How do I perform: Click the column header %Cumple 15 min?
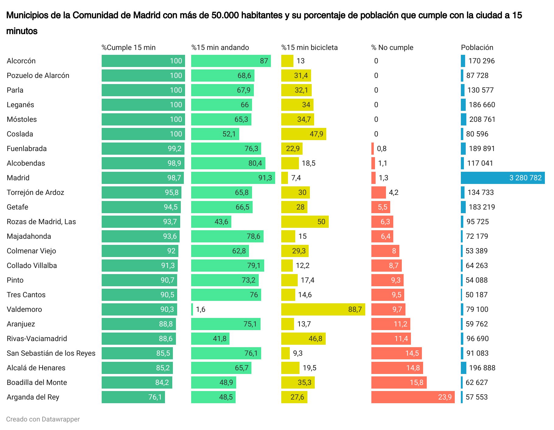click(128, 48)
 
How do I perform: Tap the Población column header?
click(477, 48)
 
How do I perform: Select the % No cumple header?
click(392, 48)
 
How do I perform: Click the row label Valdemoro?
click(24, 309)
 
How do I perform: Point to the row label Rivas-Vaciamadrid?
click(37, 339)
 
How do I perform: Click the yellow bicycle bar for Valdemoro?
click(323, 309)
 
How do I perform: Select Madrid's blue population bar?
click(503, 178)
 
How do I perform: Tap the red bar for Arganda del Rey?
click(413, 397)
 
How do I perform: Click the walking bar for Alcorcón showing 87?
click(231, 61)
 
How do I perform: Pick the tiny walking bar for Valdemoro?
click(192, 309)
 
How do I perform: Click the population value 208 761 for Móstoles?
click(482, 119)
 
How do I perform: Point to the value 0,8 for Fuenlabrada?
click(382, 149)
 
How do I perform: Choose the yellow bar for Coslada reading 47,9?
click(304, 134)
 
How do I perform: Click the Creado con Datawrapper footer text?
click(43, 419)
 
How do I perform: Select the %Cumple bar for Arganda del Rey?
click(133, 397)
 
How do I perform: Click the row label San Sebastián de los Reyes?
click(51, 353)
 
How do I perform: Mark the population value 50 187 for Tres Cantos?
click(476, 295)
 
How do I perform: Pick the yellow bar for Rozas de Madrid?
click(305, 222)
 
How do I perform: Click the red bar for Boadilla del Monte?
click(399, 382)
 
